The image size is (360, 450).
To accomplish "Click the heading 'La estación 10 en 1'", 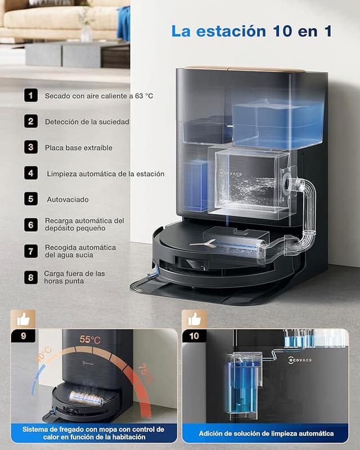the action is click(251, 31).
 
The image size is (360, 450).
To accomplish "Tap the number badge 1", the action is click(31, 95).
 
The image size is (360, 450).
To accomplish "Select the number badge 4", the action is click(31, 173).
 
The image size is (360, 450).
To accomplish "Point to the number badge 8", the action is click(31, 277).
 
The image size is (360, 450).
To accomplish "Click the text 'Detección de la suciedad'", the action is click(87, 122).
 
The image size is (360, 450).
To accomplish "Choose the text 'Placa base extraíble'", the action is click(79, 148).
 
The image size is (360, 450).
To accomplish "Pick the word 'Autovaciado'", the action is click(67, 200).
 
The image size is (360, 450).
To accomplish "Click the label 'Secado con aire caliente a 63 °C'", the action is click(99, 96).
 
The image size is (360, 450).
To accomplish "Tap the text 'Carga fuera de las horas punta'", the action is click(74, 277).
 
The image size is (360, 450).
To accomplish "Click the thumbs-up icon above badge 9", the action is click(23, 319).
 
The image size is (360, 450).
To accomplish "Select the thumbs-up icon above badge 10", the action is click(195, 319).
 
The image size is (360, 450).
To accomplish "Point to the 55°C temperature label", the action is click(90, 340).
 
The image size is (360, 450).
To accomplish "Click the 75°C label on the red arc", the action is click(145, 373).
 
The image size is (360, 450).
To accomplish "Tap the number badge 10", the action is click(194, 336).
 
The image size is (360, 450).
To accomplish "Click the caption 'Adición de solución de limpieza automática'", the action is click(266, 433).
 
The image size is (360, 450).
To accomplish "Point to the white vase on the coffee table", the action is click(86, 33).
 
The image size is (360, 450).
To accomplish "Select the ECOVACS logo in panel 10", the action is click(300, 359).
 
